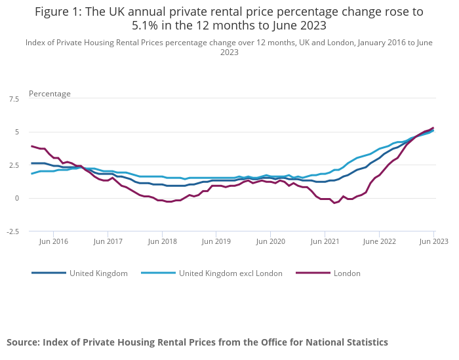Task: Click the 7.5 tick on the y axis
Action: point(13,99)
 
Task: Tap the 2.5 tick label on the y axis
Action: point(13,165)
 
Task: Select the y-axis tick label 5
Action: point(16,132)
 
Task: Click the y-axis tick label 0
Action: point(16,198)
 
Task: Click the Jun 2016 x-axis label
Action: point(53,241)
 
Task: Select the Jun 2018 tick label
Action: point(162,241)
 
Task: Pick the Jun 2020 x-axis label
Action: point(270,241)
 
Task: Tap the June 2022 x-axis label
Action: point(379,241)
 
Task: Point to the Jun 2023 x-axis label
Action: point(433,241)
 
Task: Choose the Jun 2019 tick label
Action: point(216,241)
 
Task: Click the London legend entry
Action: point(347,273)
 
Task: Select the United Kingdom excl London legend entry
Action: point(230,273)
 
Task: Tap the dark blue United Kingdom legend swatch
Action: point(49,273)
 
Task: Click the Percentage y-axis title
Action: point(50,94)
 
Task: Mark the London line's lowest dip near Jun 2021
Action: point(334,203)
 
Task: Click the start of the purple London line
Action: point(31,146)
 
